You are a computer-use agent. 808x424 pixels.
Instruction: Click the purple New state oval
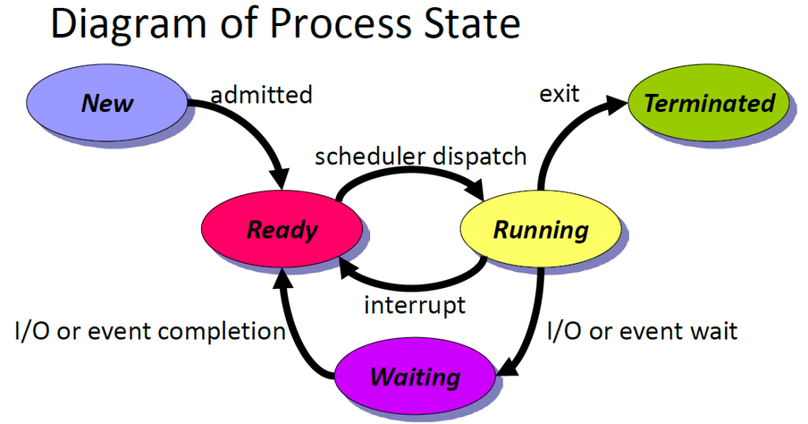click(x=107, y=103)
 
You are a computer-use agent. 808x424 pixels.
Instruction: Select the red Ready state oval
click(x=282, y=229)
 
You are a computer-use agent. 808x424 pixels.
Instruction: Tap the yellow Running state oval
click(x=541, y=229)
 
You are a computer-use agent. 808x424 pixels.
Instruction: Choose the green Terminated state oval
click(x=709, y=103)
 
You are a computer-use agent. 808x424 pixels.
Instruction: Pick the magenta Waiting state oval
click(x=415, y=376)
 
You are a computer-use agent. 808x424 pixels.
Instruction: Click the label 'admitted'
click(x=261, y=95)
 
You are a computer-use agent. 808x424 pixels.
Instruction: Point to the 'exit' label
click(x=559, y=94)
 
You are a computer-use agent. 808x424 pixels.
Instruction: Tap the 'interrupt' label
click(x=415, y=305)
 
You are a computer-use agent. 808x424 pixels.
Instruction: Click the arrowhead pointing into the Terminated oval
click(x=617, y=104)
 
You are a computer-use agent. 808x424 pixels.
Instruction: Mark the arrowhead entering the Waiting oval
click(x=507, y=367)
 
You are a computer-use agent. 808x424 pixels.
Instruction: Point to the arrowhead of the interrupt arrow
click(x=348, y=268)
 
